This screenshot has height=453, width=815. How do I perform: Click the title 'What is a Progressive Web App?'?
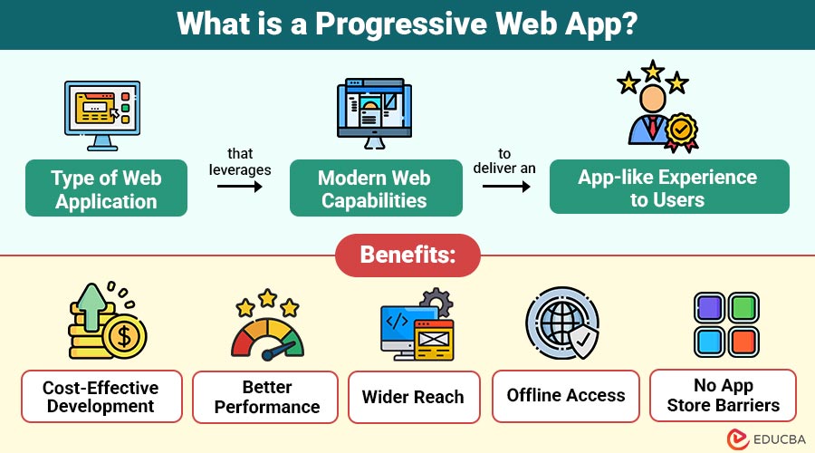407,24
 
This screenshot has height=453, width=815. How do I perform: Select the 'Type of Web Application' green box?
106,188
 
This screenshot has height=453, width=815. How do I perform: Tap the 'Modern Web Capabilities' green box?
375,188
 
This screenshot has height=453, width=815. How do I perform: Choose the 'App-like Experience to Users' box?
668,188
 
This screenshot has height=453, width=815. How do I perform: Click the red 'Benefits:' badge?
407,255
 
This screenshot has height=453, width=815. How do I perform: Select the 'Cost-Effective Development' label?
101,397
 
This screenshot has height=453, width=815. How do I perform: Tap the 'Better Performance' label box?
265,397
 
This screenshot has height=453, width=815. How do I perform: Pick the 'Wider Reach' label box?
413,397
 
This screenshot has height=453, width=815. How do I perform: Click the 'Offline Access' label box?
566,396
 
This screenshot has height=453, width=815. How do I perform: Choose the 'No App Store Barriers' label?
724,396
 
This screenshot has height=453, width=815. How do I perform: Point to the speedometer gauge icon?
267,332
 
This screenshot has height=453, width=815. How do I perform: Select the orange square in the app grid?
743,342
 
